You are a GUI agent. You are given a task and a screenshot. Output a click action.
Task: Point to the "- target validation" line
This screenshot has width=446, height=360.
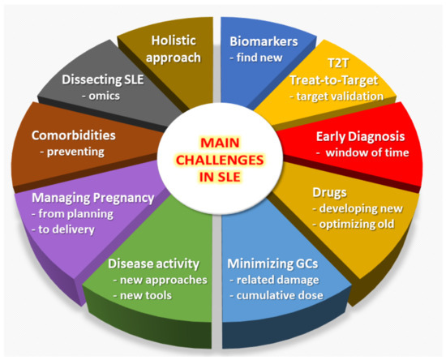(339, 96)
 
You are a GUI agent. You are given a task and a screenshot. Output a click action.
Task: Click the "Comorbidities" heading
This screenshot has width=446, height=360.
(72, 135)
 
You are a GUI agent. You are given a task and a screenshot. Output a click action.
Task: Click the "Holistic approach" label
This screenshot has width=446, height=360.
(172, 48)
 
